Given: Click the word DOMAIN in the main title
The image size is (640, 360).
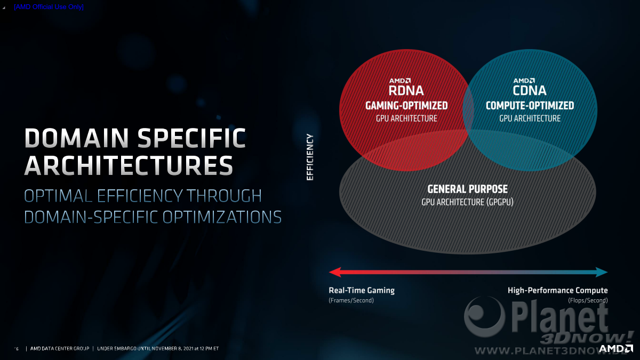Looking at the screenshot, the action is (77, 138).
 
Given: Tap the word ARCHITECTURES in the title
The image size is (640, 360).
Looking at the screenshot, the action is (129, 165).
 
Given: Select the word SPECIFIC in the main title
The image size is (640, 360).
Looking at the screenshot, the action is (191, 138).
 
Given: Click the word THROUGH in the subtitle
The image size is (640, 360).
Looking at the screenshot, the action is (224, 196).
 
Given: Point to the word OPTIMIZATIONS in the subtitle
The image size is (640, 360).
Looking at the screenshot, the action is (222, 217).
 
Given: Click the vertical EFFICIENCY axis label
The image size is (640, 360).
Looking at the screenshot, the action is (310, 157).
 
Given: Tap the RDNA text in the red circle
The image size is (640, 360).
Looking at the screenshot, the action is (406, 91).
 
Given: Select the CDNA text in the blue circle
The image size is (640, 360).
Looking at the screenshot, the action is (530, 91).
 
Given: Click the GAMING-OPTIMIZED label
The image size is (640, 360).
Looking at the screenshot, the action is (406, 106).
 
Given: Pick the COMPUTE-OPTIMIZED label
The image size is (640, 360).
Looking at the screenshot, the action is (530, 106).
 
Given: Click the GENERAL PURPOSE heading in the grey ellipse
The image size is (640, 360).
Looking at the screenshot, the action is (467, 189).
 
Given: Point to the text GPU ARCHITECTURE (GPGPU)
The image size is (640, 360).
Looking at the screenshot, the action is (467, 202).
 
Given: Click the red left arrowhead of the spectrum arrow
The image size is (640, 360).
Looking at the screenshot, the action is (335, 272).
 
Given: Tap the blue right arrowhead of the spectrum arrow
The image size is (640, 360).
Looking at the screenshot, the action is (602, 272).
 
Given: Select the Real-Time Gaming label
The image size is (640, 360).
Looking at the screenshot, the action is (362, 290).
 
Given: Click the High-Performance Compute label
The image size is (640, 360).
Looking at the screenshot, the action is (558, 290).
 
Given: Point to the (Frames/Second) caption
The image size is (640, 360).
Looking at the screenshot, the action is (351, 300).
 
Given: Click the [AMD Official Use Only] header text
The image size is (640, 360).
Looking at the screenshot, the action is (49, 7).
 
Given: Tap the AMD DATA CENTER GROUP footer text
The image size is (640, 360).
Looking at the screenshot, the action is (60, 349).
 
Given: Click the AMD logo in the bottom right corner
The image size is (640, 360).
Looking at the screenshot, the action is (615, 349).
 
